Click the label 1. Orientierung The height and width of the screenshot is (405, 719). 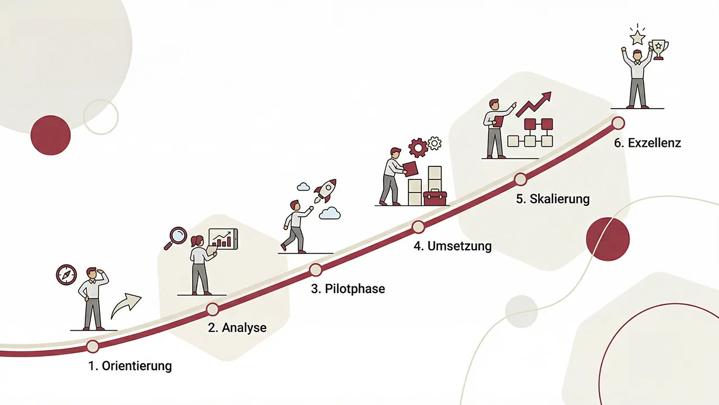click(x=130, y=366)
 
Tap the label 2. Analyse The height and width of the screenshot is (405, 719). click(x=237, y=327)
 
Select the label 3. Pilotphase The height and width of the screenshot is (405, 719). click(x=348, y=289)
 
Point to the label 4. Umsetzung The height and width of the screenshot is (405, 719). click(x=452, y=246)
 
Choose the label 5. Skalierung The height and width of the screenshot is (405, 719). click(x=553, y=199)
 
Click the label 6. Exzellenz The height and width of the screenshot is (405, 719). click(x=647, y=143)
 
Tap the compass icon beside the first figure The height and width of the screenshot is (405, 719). click(x=66, y=274)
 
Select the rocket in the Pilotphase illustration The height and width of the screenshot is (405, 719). click(x=324, y=190)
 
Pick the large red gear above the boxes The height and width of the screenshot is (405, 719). click(x=418, y=147)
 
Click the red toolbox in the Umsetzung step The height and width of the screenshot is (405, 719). click(x=435, y=197)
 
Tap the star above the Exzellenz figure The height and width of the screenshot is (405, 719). click(x=637, y=37)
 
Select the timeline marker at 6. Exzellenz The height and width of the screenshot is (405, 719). click(x=618, y=123)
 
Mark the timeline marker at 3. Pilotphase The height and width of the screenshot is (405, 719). click(x=316, y=270)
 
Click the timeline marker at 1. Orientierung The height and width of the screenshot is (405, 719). click(x=93, y=346)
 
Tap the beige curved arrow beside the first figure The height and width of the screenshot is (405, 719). click(x=126, y=306)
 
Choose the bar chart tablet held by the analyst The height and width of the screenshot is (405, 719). click(x=223, y=238)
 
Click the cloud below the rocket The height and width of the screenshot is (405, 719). click(x=330, y=213)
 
